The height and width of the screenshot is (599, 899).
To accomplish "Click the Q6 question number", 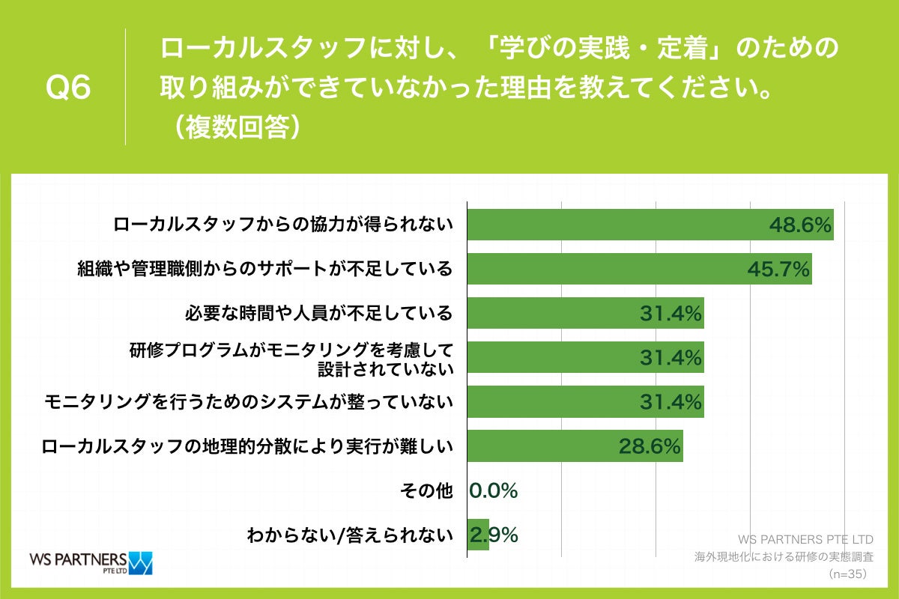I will click(x=68, y=88).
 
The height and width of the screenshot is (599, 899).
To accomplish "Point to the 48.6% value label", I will click(x=799, y=225).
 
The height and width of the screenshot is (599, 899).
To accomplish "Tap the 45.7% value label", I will click(x=778, y=269).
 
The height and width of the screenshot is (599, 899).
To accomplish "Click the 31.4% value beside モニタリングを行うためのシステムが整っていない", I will click(x=671, y=402).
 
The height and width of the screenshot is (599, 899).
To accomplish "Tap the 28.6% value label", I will click(x=650, y=446).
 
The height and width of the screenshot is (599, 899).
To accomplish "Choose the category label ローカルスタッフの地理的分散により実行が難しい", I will click(x=247, y=446).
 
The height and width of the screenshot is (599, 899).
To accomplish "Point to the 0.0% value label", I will click(x=494, y=490).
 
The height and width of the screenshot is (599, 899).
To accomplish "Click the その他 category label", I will click(x=426, y=490).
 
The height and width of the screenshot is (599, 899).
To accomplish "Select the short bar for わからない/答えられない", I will click(x=478, y=535).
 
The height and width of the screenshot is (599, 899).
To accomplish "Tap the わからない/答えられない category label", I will click(x=350, y=535).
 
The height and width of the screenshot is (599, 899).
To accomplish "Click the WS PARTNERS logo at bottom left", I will click(x=90, y=562).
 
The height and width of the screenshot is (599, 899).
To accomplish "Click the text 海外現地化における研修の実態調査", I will click(x=784, y=557).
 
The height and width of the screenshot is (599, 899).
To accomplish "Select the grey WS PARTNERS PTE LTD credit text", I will click(x=805, y=539).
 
